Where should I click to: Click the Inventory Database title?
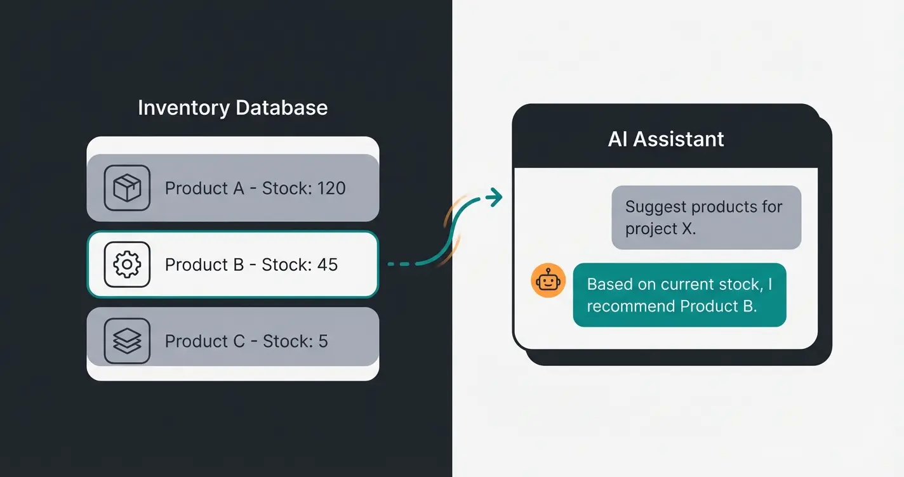(x=232, y=107)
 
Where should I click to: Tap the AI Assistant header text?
(x=665, y=139)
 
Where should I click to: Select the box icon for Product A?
(x=127, y=188)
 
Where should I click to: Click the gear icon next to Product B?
(x=127, y=265)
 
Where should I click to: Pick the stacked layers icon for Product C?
(x=127, y=341)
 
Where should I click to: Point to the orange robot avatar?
(x=548, y=280)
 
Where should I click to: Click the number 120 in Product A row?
(x=330, y=188)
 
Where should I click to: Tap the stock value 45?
(x=327, y=265)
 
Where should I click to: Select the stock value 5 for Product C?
(x=322, y=341)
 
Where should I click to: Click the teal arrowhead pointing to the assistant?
(x=494, y=198)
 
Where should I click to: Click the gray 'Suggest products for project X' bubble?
(x=706, y=217)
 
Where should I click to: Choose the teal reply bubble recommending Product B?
(x=679, y=295)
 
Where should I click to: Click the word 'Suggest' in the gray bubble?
(x=655, y=207)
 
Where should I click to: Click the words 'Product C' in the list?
(x=204, y=341)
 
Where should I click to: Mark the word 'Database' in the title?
(x=281, y=107)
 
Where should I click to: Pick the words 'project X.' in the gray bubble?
(x=660, y=228)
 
